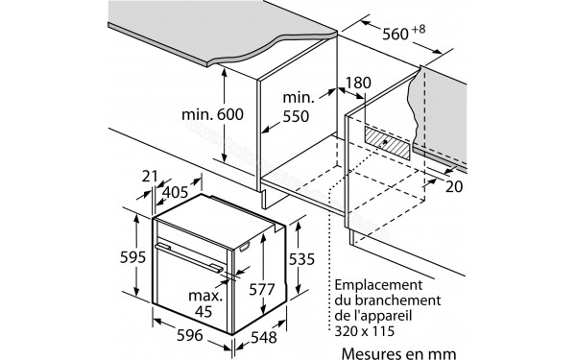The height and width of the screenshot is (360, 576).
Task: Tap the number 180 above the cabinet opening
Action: (x=357, y=83)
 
